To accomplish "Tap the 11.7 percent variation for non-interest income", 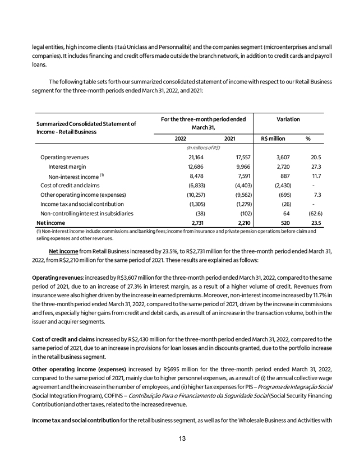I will coord(316,176).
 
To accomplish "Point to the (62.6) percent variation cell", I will coord(314,213).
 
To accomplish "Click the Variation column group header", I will coord(288,119).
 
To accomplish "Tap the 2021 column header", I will coord(229,138).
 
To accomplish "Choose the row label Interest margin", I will coord(67,167).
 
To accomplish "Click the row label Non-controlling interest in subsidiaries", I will coord(86,213).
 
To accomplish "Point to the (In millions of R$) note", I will coord(203,147).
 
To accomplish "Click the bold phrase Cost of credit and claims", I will coord(65,339).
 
